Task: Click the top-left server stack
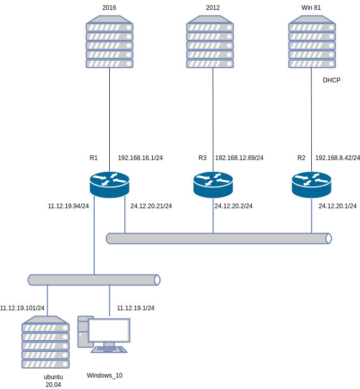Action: [109, 42]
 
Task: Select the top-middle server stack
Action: [210, 42]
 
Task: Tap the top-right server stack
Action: [312, 42]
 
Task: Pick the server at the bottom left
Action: [46, 342]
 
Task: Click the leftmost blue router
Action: [109, 184]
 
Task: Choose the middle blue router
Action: [213, 184]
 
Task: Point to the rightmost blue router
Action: [311, 184]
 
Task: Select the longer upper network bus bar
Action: [218, 238]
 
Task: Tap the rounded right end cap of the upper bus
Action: [328, 238]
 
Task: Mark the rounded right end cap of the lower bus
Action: [157, 280]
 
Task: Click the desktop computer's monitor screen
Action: [109, 330]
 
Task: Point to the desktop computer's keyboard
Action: [109, 350]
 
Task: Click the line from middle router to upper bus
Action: [213, 215]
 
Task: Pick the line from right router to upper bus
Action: [311, 215]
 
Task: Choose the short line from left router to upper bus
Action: [125, 214]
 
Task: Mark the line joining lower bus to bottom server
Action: [47, 300]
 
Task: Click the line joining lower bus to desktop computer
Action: [109, 300]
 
